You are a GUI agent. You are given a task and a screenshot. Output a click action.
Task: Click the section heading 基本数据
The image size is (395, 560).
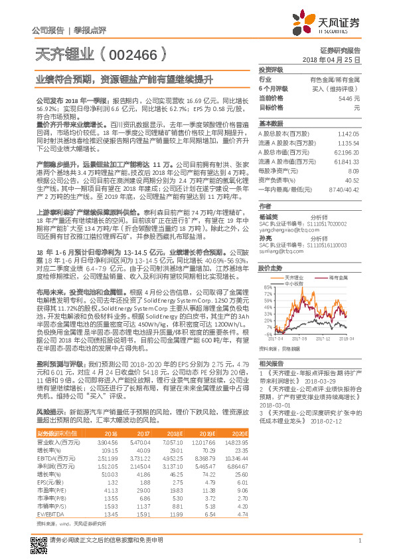[270, 124]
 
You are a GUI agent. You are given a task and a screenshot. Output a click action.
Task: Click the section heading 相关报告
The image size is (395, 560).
[270, 363]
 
